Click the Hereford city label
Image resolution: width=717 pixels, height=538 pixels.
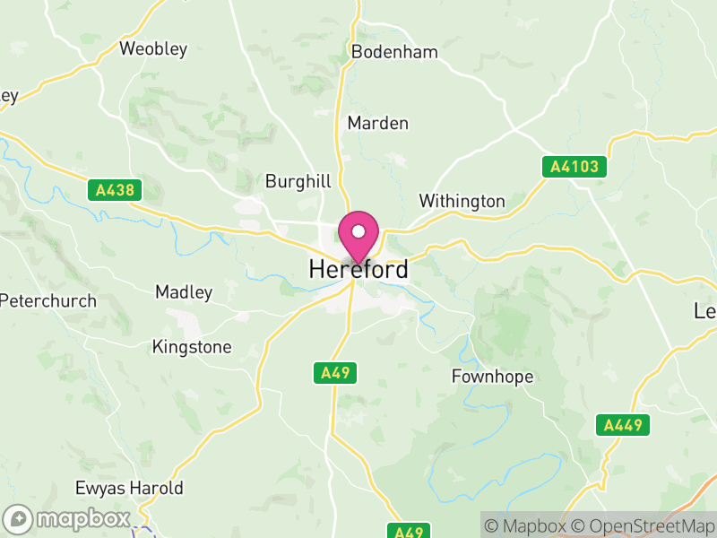tap(358, 269)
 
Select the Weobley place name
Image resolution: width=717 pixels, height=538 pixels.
tap(153, 48)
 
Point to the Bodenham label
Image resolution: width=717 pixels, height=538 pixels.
tap(394, 52)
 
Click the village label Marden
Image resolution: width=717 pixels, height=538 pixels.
tap(377, 123)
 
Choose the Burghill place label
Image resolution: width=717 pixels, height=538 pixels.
tap(298, 181)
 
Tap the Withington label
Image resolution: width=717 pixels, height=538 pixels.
tap(462, 201)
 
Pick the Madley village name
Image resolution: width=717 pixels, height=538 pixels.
tap(184, 292)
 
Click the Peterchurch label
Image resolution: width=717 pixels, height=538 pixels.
tap(48, 300)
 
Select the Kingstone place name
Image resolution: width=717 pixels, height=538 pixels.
tap(192, 346)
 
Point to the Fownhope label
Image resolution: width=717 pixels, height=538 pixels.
tap(492, 377)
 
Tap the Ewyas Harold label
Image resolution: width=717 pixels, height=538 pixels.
tap(130, 489)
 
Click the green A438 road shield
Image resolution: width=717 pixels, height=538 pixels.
tap(117, 190)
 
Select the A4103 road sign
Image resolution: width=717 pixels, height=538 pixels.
tap(574, 167)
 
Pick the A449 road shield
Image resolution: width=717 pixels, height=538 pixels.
tap(623, 425)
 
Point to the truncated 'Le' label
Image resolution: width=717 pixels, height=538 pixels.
tap(705, 311)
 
